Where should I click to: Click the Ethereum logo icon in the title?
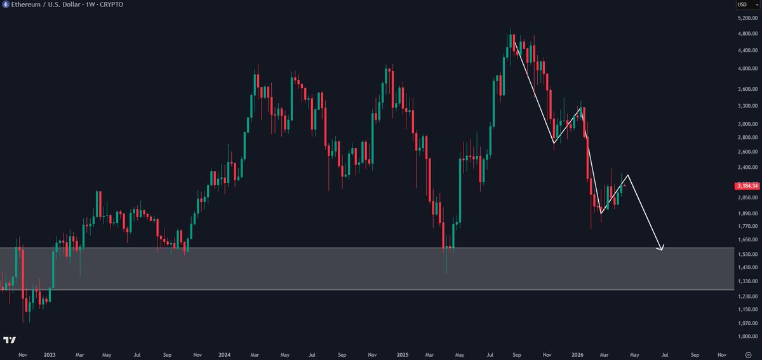6,4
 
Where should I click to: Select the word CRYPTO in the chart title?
111,4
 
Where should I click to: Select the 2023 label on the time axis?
50,355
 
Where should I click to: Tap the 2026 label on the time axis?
577,355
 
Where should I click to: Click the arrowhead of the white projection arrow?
662,248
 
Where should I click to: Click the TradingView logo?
10,340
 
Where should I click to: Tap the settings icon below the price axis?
748,355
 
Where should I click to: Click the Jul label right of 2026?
664,355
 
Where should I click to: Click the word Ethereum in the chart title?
26,4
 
